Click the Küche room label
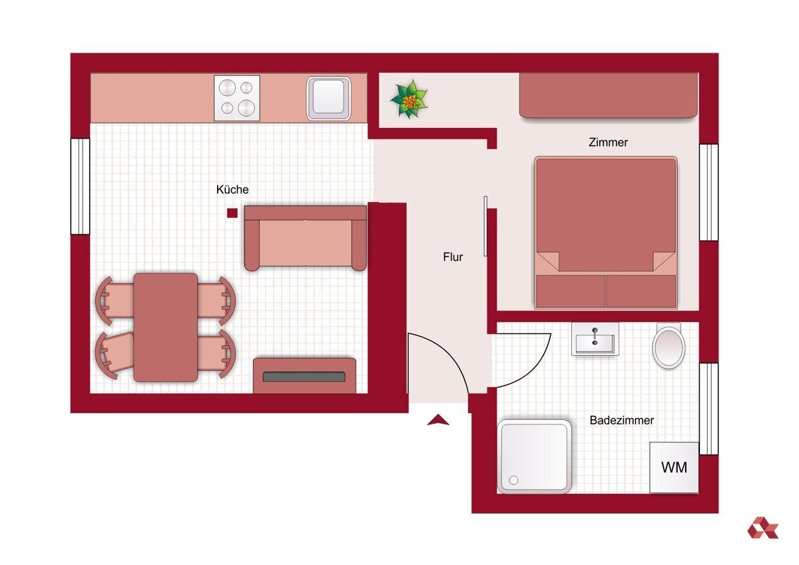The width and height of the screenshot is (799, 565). [x=232, y=189]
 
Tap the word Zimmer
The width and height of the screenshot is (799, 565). [x=608, y=143]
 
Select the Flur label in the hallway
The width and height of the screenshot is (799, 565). [x=453, y=257]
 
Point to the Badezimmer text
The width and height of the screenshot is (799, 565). [x=622, y=420]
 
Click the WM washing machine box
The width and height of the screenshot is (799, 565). [x=674, y=468]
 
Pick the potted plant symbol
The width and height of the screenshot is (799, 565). [x=409, y=99]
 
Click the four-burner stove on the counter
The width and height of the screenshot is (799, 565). [x=237, y=98]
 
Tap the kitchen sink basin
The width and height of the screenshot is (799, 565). [x=328, y=99]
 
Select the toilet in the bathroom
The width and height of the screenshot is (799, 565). [x=668, y=345]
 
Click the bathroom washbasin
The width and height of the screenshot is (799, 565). [x=595, y=339]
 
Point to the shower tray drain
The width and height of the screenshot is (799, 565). [x=513, y=480]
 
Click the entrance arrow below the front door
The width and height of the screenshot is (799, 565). [x=438, y=420]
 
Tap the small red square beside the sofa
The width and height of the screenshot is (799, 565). [x=232, y=213]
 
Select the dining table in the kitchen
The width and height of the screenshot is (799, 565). [x=166, y=327]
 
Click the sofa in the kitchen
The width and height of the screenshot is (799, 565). [x=306, y=238]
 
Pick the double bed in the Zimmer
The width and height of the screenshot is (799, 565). [x=606, y=233]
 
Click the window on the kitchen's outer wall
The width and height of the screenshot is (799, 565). [x=81, y=187]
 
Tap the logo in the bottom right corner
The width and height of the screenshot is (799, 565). [x=762, y=528]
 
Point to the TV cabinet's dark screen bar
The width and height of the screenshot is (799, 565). [x=304, y=376]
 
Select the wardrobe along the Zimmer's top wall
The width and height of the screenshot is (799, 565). [x=609, y=95]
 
